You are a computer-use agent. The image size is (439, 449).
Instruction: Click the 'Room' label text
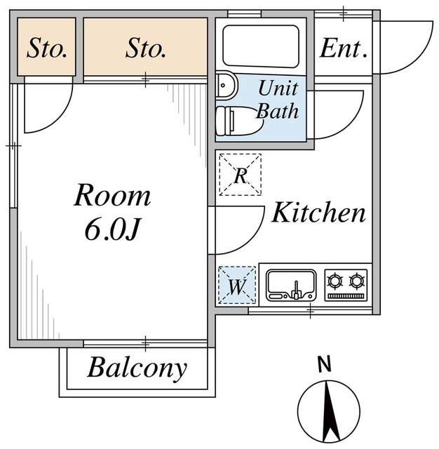pos(112,196)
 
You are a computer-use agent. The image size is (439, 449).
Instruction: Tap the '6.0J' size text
pos(112,229)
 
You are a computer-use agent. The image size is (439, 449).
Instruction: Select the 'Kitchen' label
pos(318,213)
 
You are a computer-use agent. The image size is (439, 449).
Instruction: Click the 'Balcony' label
pos(137,368)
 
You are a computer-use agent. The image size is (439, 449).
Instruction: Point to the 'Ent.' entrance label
pos(344,49)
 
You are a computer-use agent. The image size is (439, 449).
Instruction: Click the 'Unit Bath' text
pos(278,100)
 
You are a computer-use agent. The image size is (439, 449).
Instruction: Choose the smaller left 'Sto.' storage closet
pos(46,47)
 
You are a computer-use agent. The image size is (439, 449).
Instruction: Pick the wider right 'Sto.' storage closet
pos(146,47)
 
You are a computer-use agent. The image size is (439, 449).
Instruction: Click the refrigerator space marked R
pos(240,175)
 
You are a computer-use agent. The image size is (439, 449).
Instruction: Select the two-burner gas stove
pos(346,283)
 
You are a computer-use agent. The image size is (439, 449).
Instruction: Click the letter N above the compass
pos(324,365)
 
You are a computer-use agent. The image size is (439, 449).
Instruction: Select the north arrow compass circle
pos(328,411)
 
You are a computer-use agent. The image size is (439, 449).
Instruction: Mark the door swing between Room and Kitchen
pos(238,232)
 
